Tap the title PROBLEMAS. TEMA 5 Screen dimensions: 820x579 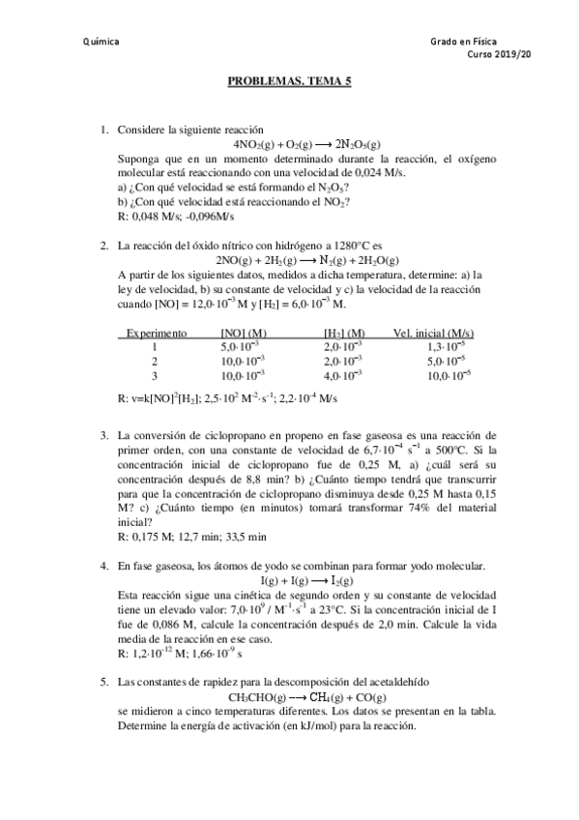(289, 84)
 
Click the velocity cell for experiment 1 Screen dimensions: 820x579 (448, 346)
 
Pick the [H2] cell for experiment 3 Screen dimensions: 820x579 (343, 375)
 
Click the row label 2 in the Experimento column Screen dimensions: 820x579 (154, 361)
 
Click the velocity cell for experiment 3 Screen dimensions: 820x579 (448, 375)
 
